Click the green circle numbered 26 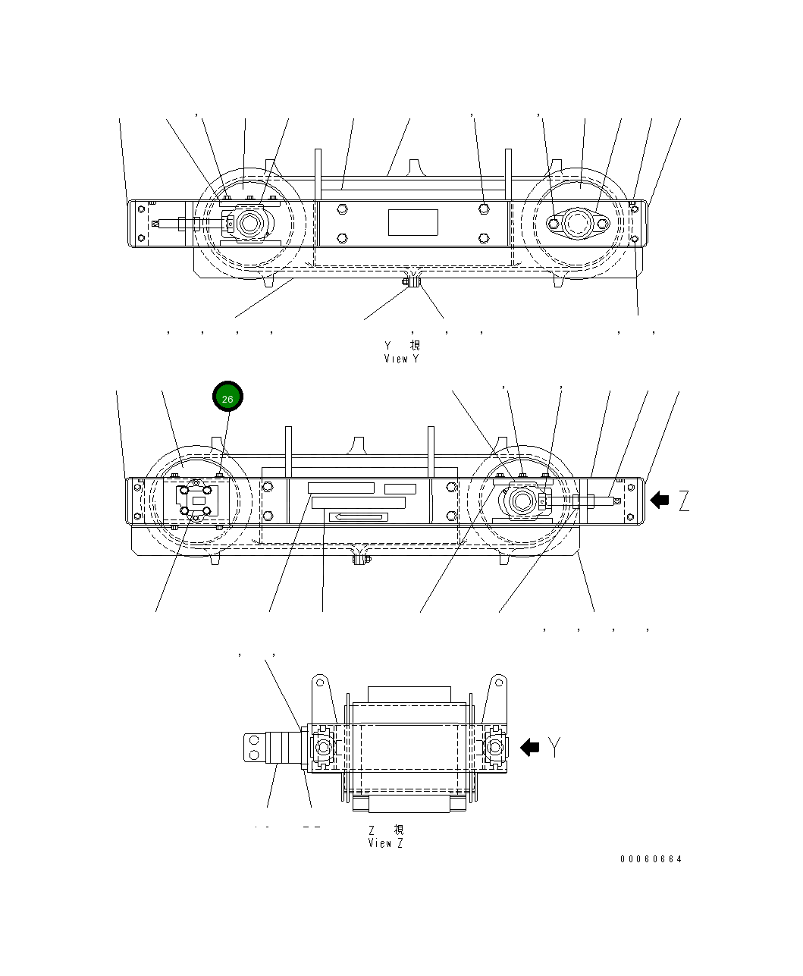coord(227,398)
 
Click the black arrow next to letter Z coord(660,500)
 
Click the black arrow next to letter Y coord(529,748)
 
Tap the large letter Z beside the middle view coord(684,501)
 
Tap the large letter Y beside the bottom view coord(556,748)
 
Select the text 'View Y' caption coord(401,359)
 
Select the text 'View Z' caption coord(385,843)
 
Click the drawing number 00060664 coord(651,859)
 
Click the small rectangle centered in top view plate coord(413,223)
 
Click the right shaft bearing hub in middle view coord(522,501)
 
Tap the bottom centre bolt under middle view coord(361,560)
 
